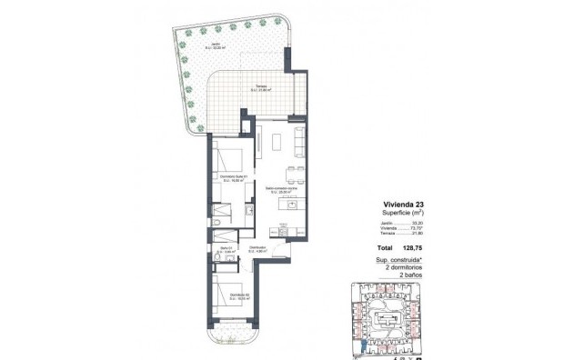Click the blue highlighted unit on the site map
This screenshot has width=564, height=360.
click(x=363, y=343)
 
